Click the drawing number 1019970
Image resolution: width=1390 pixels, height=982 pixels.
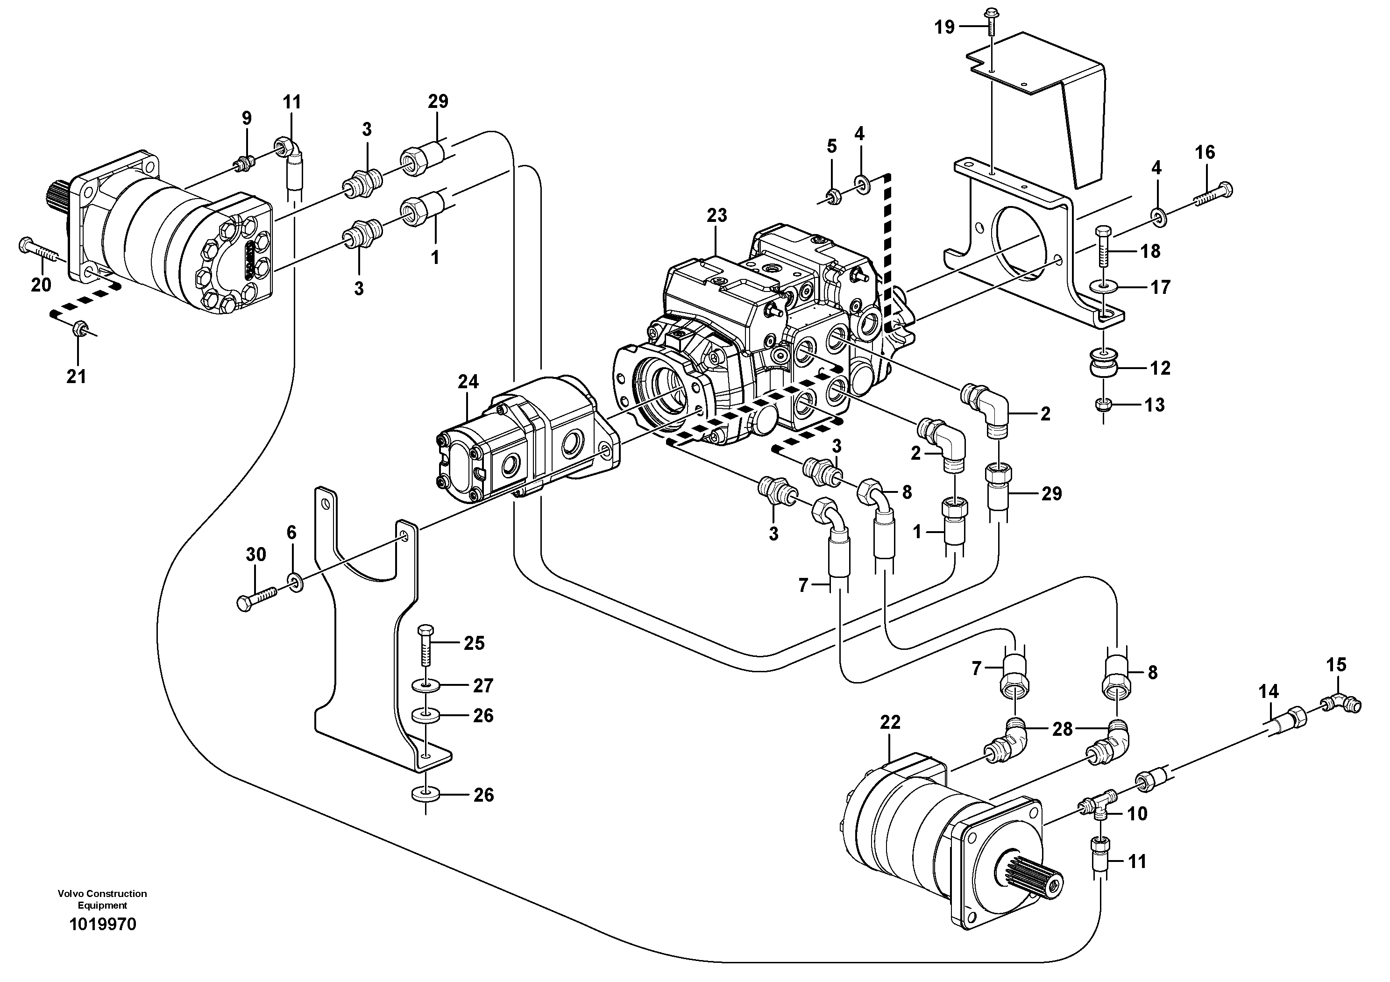[x=103, y=941]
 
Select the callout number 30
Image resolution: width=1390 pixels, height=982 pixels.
[x=255, y=555]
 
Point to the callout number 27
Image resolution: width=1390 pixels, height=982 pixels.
[x=483, y=686]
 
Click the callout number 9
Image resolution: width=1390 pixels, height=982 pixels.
[x=247, y=118]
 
